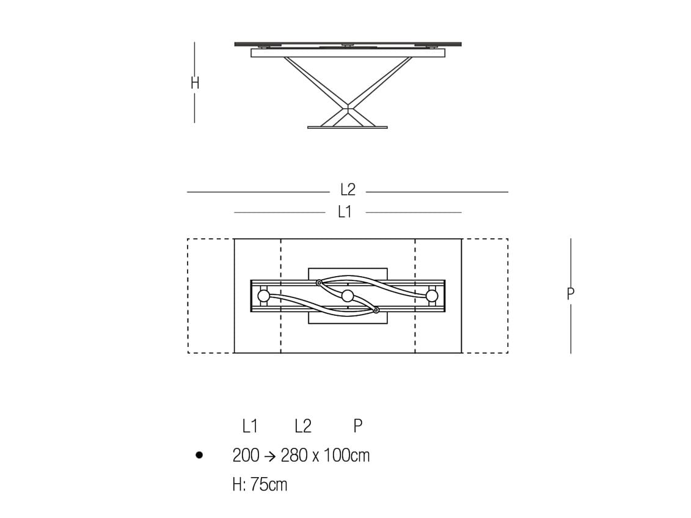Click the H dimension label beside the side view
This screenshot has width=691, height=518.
(195, 82)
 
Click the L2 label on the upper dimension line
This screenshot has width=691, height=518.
(348, 191)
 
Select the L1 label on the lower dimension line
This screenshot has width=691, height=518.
(345, 212)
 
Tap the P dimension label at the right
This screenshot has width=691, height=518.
(571, 293)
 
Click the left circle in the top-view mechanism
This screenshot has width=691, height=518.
(263, 296)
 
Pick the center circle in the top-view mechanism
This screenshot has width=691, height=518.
(348, 296)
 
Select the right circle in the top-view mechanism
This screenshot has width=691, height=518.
(432, 296)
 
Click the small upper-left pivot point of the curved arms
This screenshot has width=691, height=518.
(319, 282)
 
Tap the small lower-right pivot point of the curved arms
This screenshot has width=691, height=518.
(376, 310)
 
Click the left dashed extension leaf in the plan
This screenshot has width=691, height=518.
(211, 296)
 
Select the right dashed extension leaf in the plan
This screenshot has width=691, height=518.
(484, 296)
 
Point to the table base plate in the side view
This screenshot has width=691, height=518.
(347, 127)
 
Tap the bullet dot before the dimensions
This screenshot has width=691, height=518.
(199, 455)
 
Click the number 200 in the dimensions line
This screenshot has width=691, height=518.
(246, 456)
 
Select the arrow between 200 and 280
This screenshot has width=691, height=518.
(271, 456)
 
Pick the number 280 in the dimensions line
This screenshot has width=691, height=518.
(294, 456)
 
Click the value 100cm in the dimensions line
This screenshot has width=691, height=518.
(346, 456)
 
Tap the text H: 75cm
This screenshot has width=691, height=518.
(260, 485)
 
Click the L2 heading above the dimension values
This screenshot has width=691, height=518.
(302, 426)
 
